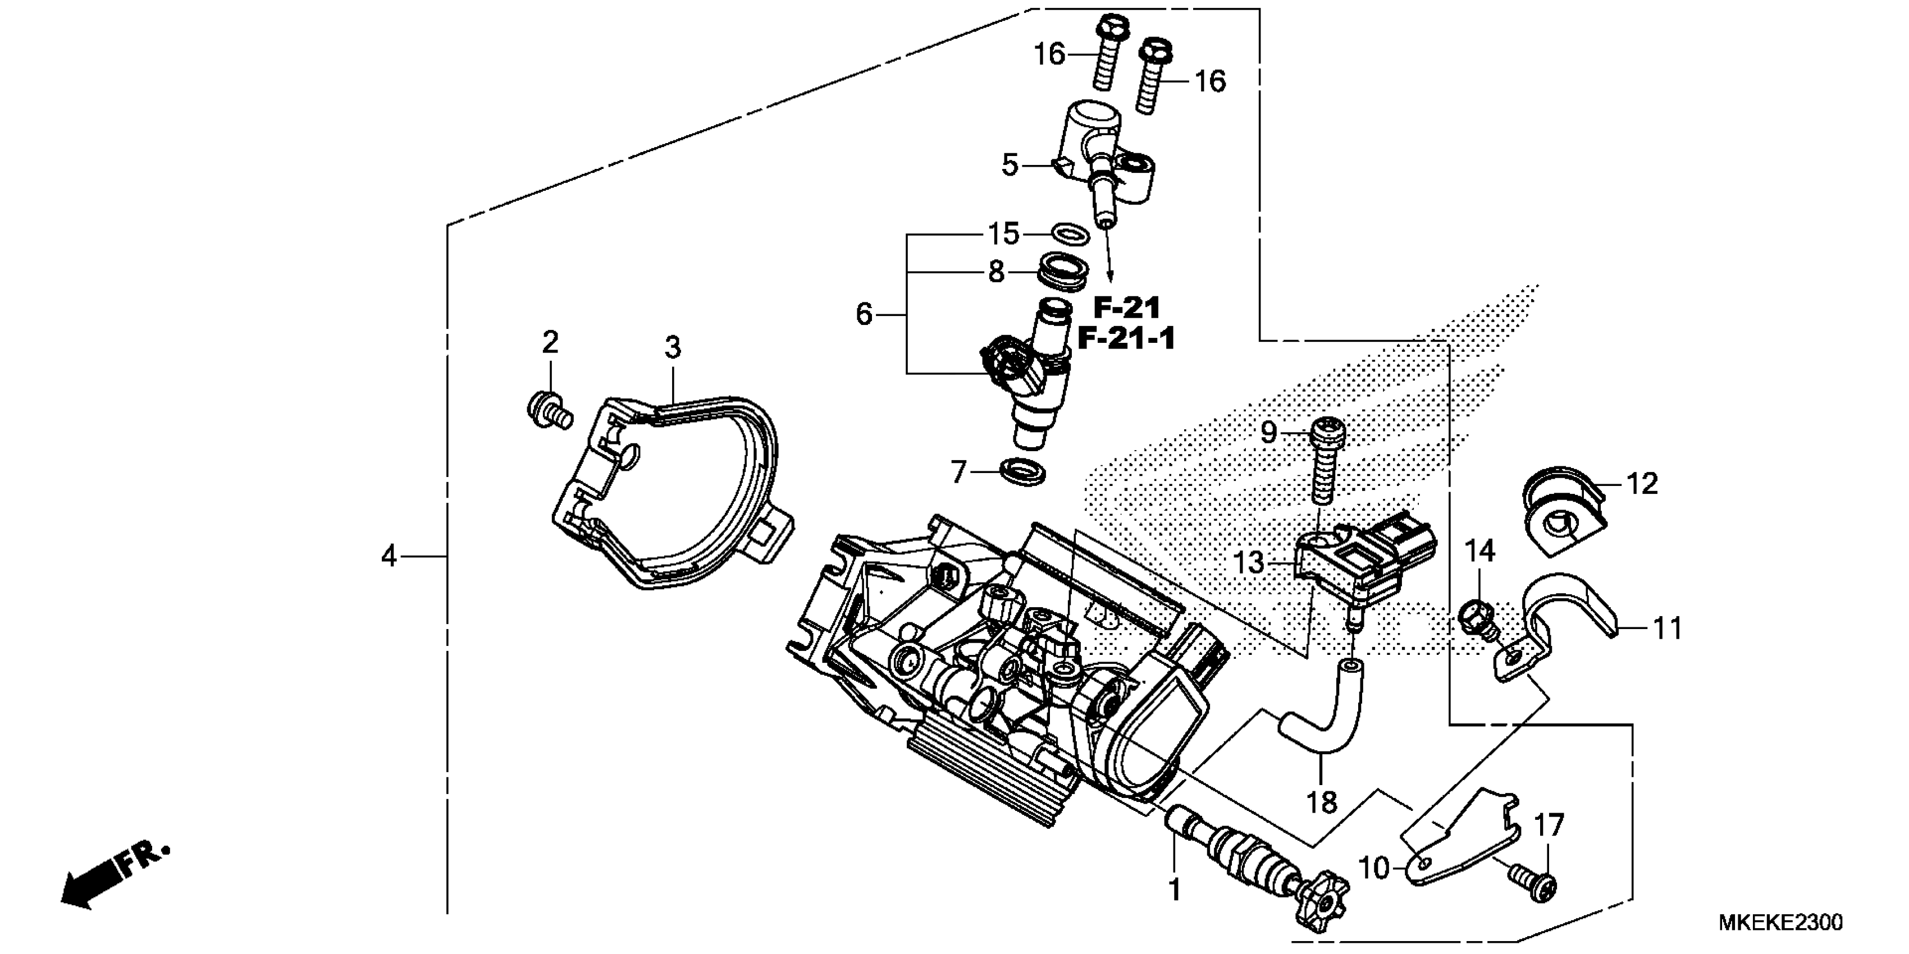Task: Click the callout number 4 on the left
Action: [x=389, y=556]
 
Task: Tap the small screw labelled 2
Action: [x=549, y=410]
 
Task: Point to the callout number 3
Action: [x=672, y=347]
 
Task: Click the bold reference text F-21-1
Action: [x=1126, y=340]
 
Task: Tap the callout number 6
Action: [x=864, y=315]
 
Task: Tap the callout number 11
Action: [x=1668, y=629]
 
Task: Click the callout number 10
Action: [x=1374, y=868]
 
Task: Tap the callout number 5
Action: [x=1010, y=165]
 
